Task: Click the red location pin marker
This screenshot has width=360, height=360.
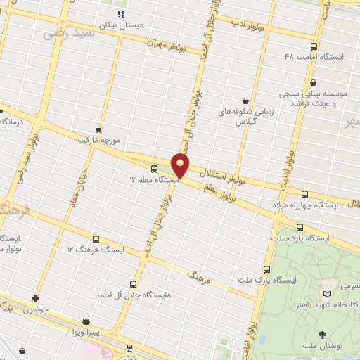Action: click(x=181, y=165)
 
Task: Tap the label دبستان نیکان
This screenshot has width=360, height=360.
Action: click(x=123, y=24)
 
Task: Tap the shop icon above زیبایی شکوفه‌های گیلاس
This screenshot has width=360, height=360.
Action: click(x=245, y=101)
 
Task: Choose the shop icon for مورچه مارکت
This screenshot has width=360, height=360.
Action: click(x=98, y=129)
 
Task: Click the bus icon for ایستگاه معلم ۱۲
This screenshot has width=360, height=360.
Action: click(x=155, y=169)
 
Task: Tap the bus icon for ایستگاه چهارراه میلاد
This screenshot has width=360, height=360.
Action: click(x=304, y=194)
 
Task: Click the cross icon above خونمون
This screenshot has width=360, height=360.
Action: click(x=35, y=298)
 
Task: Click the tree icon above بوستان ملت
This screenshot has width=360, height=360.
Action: click(x=322, y=334)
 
